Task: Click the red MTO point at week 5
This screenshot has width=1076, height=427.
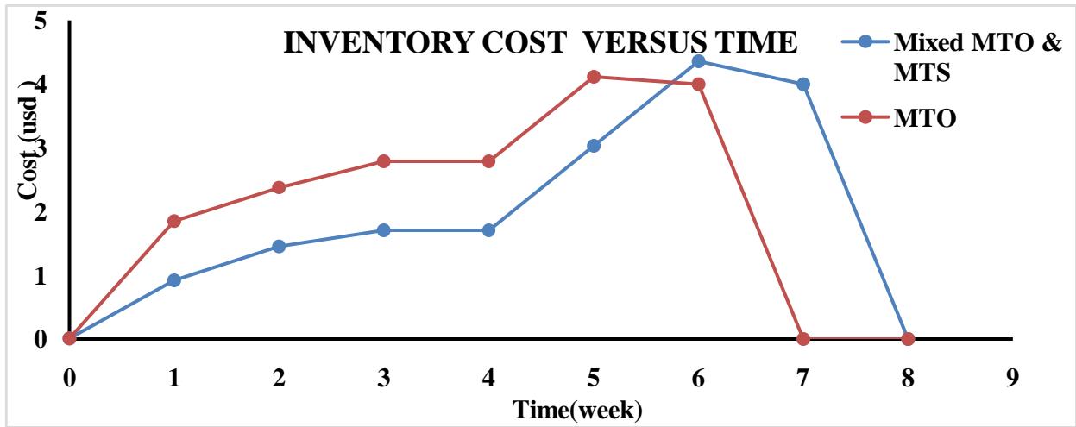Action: tap(594, 77)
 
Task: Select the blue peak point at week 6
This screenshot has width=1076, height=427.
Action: tap(698, 61)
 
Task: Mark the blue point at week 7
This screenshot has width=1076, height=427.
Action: tap(803, 84)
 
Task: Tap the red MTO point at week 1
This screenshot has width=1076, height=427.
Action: tap(174, 221)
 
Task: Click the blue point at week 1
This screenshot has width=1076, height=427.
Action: tap(174, 280)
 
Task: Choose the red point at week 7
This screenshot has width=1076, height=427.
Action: tap(803, 338)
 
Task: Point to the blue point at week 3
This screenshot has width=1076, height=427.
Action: tap(384, 230)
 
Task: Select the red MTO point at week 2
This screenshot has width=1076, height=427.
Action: tap(279, 187)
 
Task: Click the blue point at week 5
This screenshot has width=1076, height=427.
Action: tap(594, 146)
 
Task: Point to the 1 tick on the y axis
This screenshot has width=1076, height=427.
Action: tap(40, 275)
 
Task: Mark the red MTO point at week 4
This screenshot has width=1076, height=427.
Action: tap(488, 161)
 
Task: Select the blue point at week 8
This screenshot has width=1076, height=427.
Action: tap(908, 338)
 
